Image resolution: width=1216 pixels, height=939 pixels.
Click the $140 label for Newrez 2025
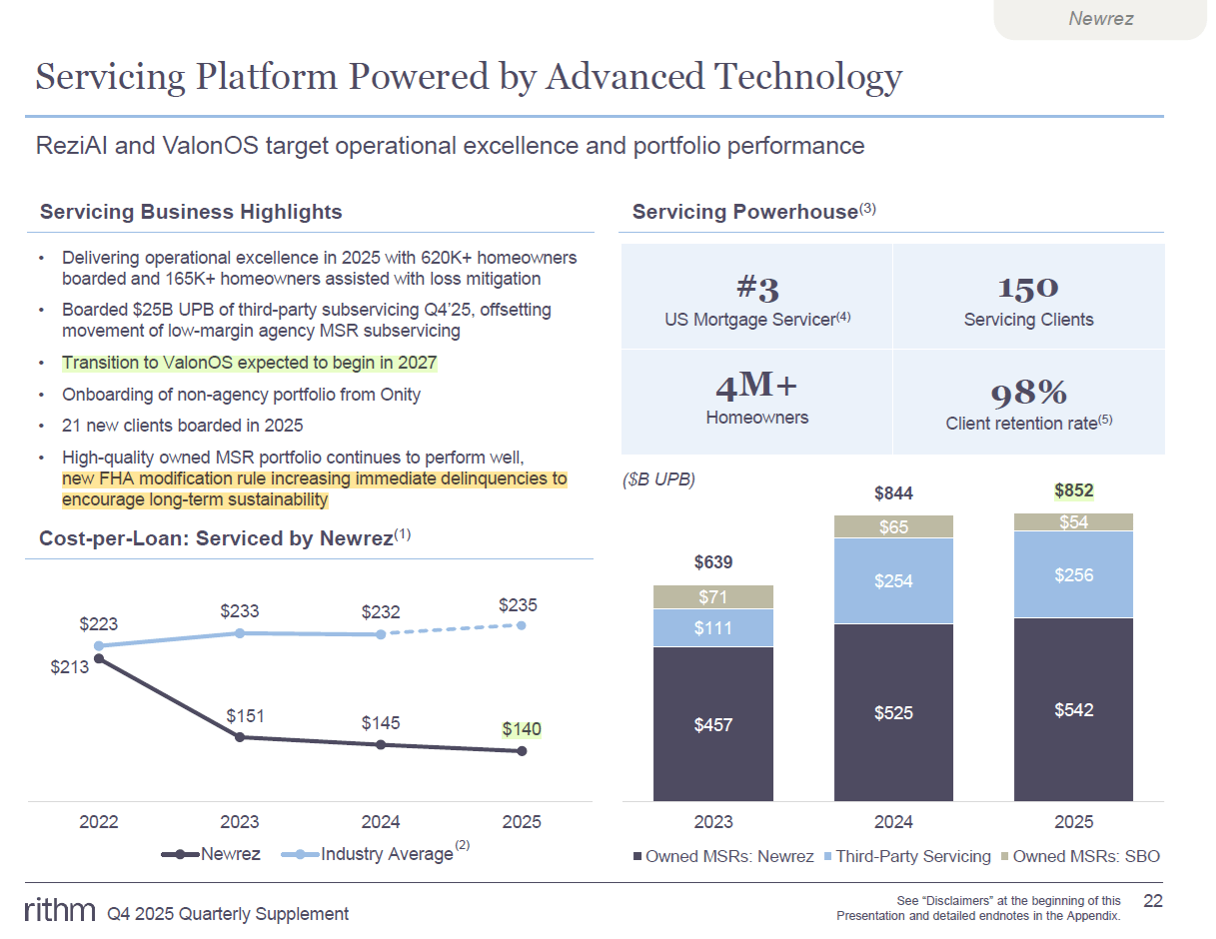click(x=521, y=729)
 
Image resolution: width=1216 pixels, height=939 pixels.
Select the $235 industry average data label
click(x=518, y=604)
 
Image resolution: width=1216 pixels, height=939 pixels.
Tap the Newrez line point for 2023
click(x=239, y=737)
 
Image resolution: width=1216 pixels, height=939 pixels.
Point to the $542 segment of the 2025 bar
click(x=1073, y=710)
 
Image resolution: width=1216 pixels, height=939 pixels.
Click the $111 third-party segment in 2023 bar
click(x=712, y=628)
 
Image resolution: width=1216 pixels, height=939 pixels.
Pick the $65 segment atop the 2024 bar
click(x=893, y=526)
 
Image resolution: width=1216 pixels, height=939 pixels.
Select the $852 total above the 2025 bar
click(x=1073, y=490)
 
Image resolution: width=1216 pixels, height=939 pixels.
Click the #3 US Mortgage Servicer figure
click(x=756, y=289)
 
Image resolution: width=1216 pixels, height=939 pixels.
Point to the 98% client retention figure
click(x=1029, y=393)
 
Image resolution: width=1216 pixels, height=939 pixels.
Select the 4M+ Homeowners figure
click(x=756, y=387)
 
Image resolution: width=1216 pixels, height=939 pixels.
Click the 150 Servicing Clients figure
click(x=1028, y=288)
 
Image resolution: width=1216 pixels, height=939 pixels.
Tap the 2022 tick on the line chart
click(x=98, y=822)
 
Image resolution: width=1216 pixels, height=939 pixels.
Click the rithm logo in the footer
click(x=60, y=911)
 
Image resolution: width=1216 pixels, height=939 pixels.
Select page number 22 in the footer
click(x=1153, y=902)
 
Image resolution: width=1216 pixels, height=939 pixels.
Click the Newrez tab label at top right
click(x=1100, y=18)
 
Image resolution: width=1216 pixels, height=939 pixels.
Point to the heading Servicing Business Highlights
click(x=191, y=212)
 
